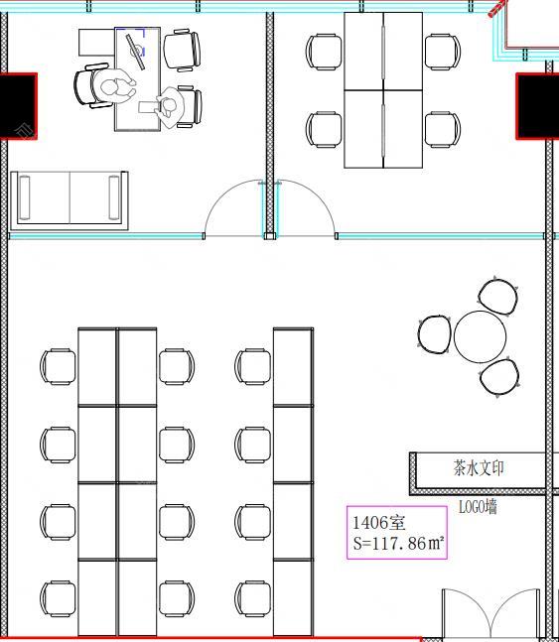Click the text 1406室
pyautogui.click(x=378, y=523)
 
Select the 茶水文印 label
pyautogui.click(x=479, y=468)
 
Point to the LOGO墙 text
pyautogui.click(x=478, y=507)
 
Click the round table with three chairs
pyautogui.click(x=480, y=336)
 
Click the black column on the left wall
pyautogui.click(x=19, y=106)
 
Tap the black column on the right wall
pyautogui.click(x=537, y=106)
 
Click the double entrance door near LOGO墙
pyautogui.click(x=490, y=613)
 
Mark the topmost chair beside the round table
pyautogui.click(x=497, y=296)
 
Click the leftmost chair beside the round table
pyautogui.click(x=435, y=334)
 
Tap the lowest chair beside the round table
pyautogui.click(x=499, y=377)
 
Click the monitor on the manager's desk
pyautogui.click(x=136, y=52)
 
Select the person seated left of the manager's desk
pyautogui.click(x=113, y=87)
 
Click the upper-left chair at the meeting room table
pyautogui.click(x=324, y=52)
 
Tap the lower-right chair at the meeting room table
pyautogui.click(x=443, y=129)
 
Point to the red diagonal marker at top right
pyautogui.click(x=497, y=8)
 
